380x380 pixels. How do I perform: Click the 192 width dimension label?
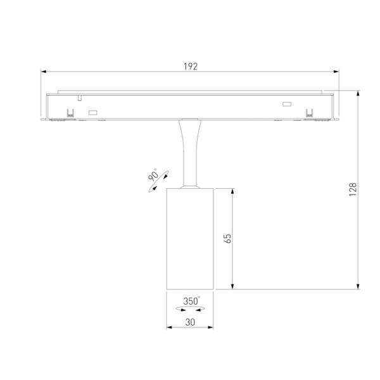tap(191, 66)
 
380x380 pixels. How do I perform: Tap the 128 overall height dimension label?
tap(353, 189)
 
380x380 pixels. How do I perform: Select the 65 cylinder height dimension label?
tap(227, 239)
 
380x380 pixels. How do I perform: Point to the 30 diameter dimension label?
tap(190, 322)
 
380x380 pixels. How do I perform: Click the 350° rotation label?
tap(191, 301)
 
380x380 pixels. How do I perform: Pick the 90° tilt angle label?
tap(153, 175)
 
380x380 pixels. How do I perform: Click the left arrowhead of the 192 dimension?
tap(44, 72)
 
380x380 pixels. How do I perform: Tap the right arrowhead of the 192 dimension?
tap(336, 72)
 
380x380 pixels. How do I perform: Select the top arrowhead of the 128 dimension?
tap(358, 93)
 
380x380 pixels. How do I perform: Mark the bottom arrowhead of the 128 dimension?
tap(358, 286)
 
